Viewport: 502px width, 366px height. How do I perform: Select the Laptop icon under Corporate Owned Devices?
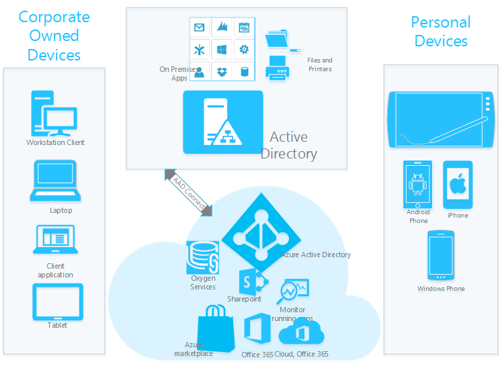[55, 181]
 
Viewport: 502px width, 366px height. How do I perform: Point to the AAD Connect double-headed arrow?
[188, 192]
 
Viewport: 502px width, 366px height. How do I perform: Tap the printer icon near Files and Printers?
[278, 68]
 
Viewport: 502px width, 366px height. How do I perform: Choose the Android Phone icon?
[417, 184]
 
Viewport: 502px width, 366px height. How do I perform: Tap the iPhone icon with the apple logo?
[458, 185]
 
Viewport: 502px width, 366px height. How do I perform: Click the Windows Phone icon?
[441, 255]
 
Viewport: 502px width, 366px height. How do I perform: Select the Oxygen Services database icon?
[204, 257]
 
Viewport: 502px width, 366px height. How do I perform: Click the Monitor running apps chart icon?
[294, 291]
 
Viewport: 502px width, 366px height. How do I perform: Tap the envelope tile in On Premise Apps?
[199, 28]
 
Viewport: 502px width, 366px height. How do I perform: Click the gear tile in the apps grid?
[244, 49]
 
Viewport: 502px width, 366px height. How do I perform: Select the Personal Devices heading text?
[441, 32]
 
